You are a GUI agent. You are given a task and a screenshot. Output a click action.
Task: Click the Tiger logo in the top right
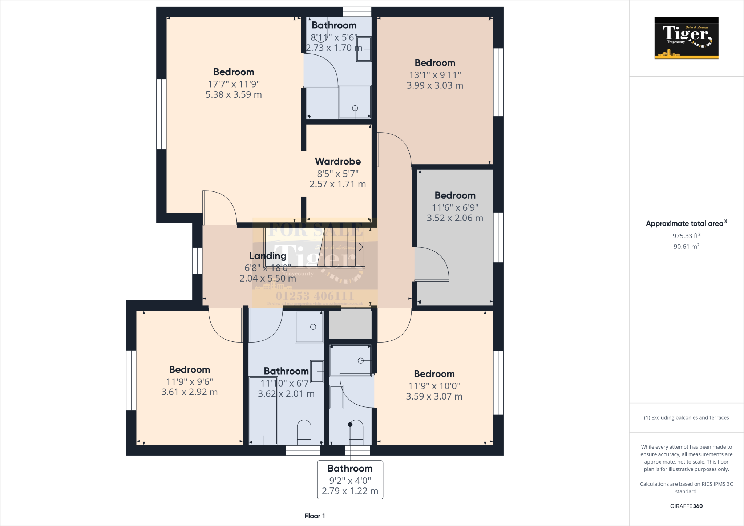[x=686, y=38]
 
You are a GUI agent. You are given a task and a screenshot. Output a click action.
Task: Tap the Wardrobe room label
[x=337, y=161]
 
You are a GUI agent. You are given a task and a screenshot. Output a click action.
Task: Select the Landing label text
[x=268, y=256]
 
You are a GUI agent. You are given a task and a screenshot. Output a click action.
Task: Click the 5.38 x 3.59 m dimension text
[x=234, y=95]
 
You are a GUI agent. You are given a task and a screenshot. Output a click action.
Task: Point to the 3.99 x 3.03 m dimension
[x=434, y=86]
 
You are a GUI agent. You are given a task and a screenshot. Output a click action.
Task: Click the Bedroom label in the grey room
[x=455, y=195]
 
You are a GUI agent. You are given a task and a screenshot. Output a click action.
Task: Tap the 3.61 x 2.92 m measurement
[x=189, y=392]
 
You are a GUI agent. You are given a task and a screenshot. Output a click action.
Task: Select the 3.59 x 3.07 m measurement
[x=434, y=397]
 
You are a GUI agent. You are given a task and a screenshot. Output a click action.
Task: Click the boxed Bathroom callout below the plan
[x=350, y=480]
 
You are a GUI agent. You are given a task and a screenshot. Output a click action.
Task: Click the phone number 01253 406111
[x=315, y=296]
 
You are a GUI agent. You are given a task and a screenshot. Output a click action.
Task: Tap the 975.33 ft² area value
[x=686, y=236]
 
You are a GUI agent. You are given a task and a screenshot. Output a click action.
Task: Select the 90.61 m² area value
[x=686, y=247]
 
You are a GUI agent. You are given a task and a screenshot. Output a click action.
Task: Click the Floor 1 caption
[x=315, y=516]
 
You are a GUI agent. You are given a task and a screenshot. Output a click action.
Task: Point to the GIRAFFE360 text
[x=686, y=506]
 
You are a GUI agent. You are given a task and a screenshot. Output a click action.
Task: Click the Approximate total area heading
[x=685, y=224]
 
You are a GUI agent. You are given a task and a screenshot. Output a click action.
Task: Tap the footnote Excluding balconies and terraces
[x=686, y=418]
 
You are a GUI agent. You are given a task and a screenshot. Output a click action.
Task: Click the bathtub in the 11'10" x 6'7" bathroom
[x=263, y=410]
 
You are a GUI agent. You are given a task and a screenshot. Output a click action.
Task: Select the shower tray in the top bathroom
[x=355, y=102]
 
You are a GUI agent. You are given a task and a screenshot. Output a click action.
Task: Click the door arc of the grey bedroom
[x=436, y=262]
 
